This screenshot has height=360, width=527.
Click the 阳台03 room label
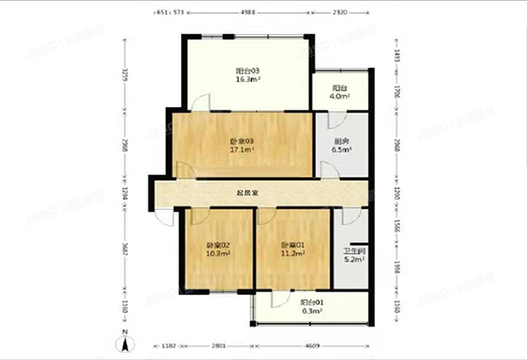point(247,70)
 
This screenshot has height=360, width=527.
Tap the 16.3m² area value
point(247,79)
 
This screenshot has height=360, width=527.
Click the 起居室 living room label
point(247,191)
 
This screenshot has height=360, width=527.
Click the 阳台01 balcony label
point(310,301)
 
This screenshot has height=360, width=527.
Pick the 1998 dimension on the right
point(397,266)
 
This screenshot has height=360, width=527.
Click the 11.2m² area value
point(292,254)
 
